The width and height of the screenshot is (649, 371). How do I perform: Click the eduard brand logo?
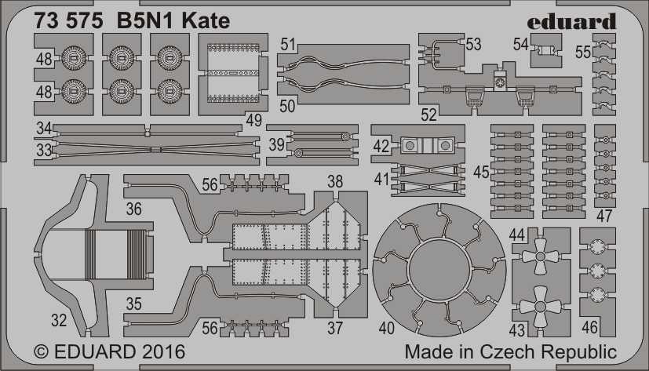(572, 21)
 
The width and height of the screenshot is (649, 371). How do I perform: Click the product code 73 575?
(68, 21)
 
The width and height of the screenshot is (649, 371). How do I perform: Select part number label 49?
(253, 120)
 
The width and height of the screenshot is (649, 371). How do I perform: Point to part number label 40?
(387, 329)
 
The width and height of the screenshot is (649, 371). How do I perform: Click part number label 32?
(59, 320)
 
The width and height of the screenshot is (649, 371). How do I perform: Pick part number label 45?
(481, 172)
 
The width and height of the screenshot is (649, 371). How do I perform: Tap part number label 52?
(428, 115)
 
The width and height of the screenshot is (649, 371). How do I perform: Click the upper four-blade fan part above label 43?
(540, 256)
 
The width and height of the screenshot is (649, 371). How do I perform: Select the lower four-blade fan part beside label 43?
(540, 306)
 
